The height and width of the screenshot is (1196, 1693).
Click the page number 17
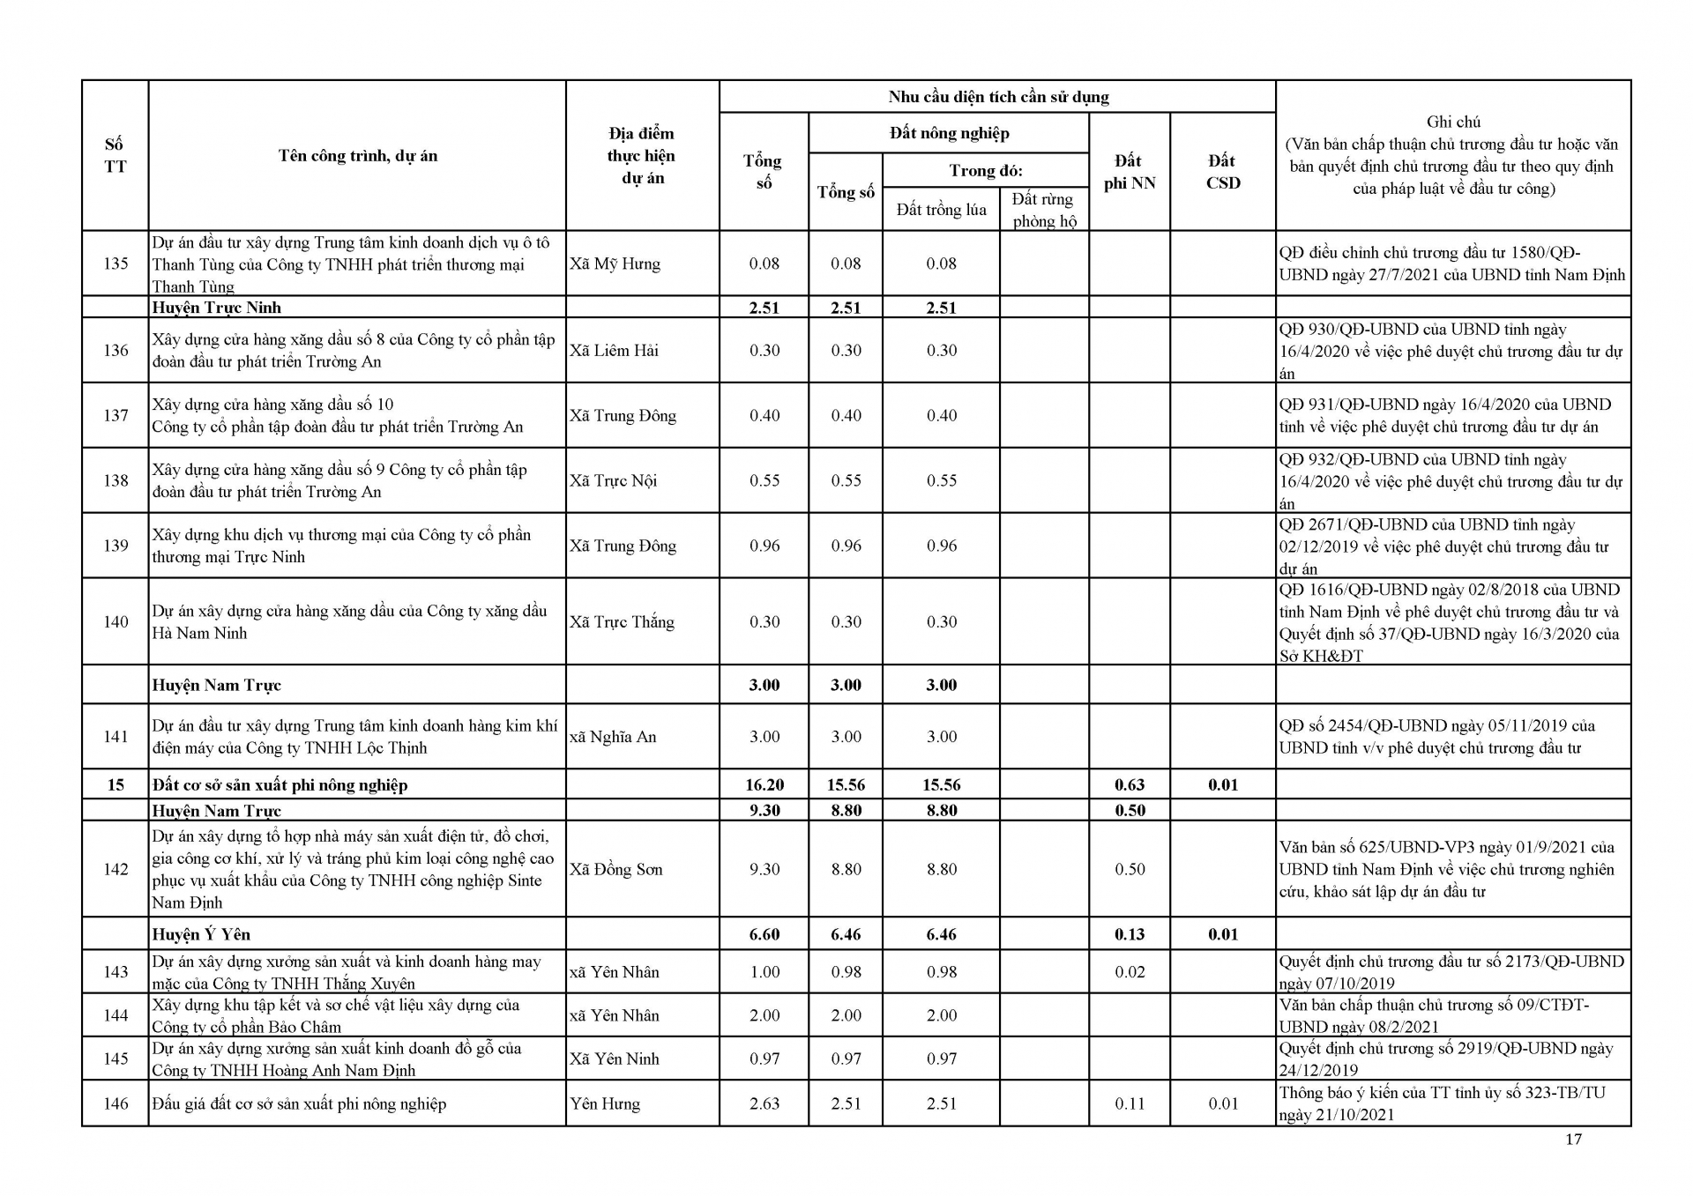click(1573, 1139)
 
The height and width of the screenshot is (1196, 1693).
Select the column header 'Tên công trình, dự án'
click(357, 156)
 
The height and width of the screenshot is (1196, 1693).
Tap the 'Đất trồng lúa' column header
click(941, 210)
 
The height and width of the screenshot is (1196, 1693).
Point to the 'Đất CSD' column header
click(1222, 172)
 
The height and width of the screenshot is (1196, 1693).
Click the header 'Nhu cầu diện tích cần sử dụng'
click(997, 97)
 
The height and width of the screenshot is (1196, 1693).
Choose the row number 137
click(116, 415)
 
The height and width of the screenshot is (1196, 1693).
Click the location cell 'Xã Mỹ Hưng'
click(615, 264)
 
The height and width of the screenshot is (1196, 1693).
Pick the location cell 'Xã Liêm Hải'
click(614, 350)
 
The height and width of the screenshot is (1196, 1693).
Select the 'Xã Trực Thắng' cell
click(622, 621)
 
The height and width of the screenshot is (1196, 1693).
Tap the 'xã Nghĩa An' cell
click(613, 737)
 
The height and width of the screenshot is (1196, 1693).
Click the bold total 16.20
click(764, 784)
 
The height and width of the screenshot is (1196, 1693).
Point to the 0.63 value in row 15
click(1129, 784)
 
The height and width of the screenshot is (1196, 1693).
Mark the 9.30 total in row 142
click(764, 869)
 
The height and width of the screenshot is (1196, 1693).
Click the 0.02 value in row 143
click(1129, 972)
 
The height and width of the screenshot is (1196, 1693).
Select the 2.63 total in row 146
click(764, 1103)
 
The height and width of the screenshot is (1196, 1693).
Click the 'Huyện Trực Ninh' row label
click(216, 308)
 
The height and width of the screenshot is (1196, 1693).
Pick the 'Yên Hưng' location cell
click(605, 1103)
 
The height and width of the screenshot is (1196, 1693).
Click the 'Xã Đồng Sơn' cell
click(615, 869)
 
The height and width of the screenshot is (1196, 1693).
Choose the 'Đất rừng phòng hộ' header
click(1044, 210)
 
